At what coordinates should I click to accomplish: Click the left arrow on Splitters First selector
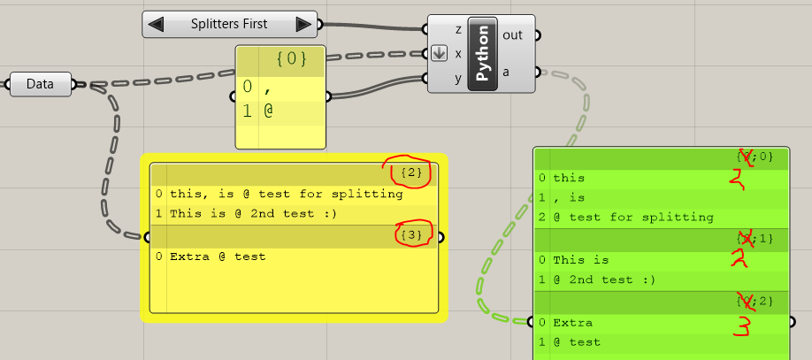157,25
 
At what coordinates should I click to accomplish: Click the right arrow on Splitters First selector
303,25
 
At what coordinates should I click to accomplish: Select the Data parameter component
40,85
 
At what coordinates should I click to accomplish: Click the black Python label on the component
483,54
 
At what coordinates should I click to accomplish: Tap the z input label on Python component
458,29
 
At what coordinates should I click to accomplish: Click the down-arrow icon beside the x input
440,53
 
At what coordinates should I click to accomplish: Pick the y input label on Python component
458,78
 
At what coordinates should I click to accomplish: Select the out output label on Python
512,35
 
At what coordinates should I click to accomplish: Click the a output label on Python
507,73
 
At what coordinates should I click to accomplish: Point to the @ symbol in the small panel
268,113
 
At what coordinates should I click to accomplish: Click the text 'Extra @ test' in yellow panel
218,257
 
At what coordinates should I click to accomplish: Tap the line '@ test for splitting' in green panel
633,217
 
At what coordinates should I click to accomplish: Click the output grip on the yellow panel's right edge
441,236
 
